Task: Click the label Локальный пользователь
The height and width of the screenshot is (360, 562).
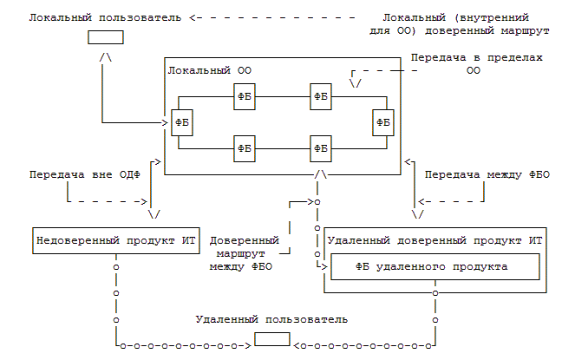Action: [x=105, y=18]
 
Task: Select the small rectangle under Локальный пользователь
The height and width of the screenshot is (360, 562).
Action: [x=106, y=37]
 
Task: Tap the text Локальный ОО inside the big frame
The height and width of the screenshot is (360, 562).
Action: [x=210, y=70]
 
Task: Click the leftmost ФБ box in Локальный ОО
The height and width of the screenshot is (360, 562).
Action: [x=182, y=122]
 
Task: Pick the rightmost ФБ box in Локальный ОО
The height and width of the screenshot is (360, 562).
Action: [x=383, y=122]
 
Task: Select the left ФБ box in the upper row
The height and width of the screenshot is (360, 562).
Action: [x=245, y=96]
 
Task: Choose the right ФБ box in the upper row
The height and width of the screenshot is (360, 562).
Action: [x=321, y=96]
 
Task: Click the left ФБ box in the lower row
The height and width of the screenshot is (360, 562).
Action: [x=245, y=149]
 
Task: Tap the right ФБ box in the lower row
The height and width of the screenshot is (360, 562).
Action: [x=321, y=149]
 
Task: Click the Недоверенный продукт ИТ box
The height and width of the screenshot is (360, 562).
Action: [x=116, y=240]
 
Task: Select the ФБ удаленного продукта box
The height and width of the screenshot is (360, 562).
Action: [x=435, y=267]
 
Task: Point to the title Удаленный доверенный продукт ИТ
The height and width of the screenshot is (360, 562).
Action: [x=435, y=240]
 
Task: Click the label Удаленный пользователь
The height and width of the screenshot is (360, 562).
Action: [x=271, y=319]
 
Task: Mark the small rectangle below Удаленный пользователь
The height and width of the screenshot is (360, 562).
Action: [x=272, y=339]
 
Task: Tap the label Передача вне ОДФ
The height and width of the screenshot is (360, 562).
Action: [x=85, y=175]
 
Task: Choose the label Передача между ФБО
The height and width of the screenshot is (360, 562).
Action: [x=487, y=175]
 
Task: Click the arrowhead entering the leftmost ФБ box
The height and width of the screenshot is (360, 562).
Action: [x=165, y=123]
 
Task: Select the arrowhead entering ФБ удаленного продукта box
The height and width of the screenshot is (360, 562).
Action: [x=324, y=267]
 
